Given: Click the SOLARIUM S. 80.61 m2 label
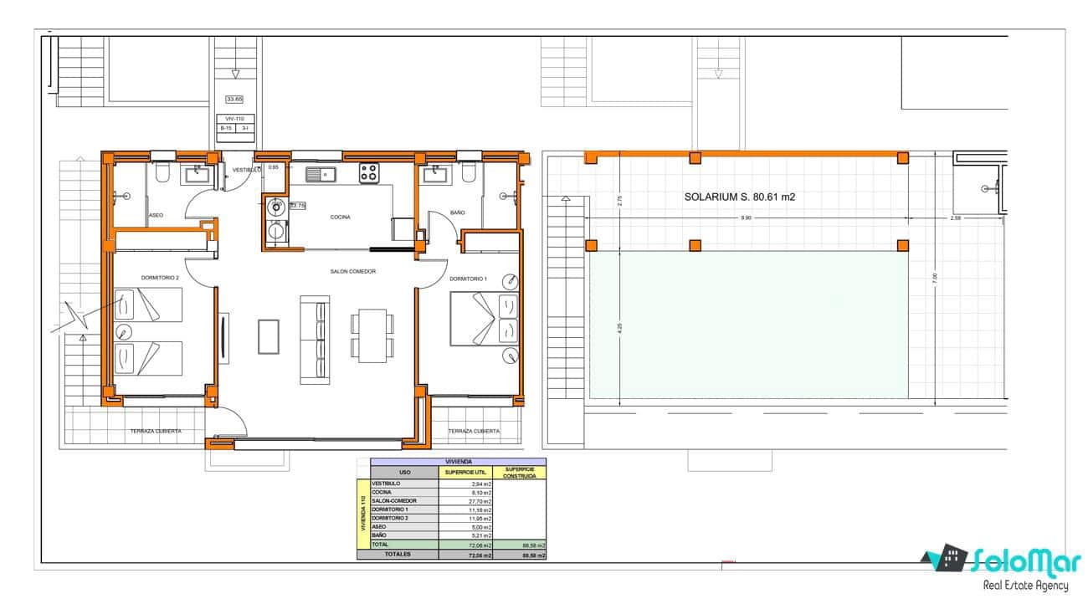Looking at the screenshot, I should (738, 198).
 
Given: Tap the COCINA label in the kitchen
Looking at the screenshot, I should (340, 218).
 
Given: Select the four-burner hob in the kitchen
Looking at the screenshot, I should (369, 173).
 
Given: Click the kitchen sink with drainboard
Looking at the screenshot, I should (320, 174).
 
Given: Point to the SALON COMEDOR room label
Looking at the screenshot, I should (353, 272).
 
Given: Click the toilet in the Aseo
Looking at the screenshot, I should (163, 173).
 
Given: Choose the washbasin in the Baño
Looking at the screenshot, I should (434, 173).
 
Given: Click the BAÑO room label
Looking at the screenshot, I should (457, 213).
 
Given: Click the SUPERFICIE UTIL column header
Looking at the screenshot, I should (466, 473).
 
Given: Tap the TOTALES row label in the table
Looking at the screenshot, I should (398, 555).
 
